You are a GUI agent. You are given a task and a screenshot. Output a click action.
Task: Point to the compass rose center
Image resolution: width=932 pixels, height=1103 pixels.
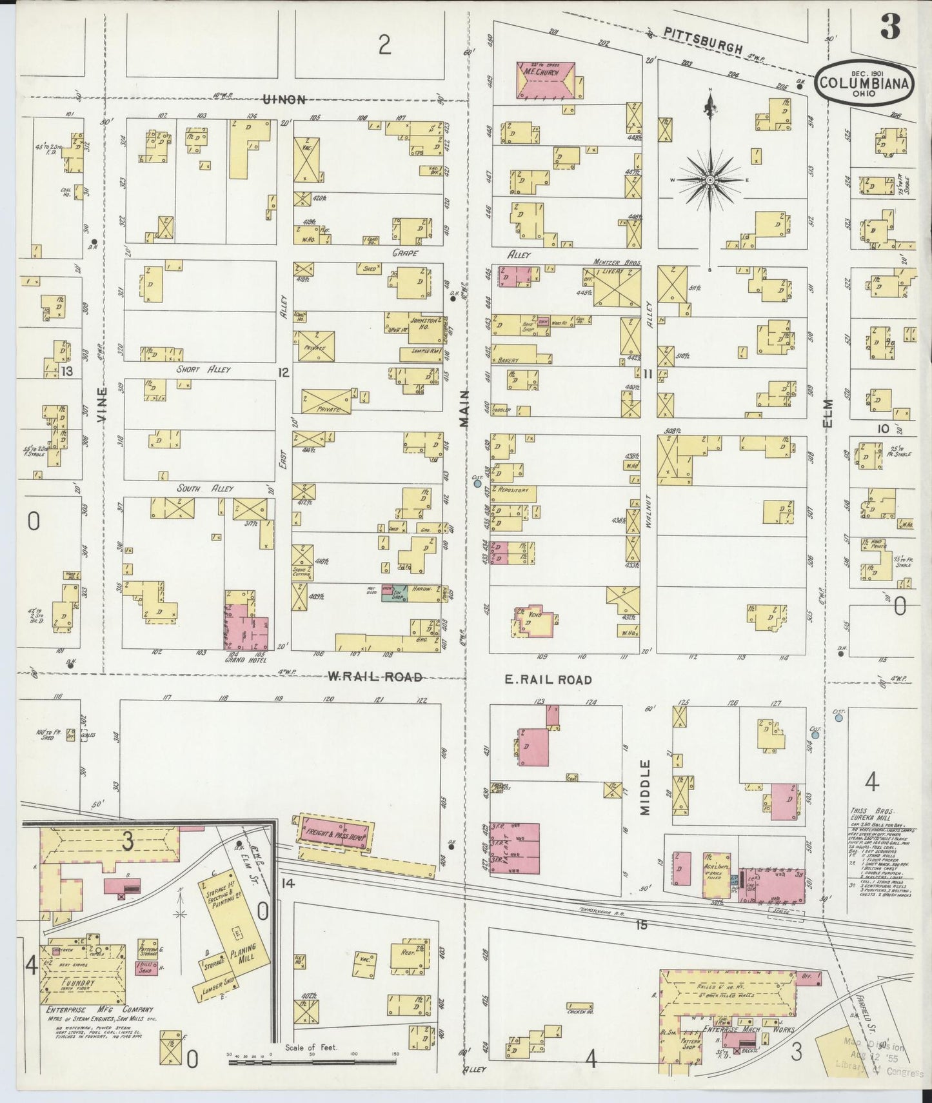[x=709, y=179]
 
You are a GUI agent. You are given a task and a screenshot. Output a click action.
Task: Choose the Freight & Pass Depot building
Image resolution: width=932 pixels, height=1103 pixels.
[x=333, y=833]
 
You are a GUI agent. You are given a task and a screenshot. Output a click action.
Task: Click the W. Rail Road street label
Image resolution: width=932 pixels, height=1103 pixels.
[x=375, y=677]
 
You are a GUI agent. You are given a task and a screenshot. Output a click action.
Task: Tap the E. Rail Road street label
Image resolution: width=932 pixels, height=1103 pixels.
[x=547, y=679]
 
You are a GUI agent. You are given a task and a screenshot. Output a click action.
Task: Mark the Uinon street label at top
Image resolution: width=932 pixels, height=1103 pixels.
[x=283, y=99]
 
